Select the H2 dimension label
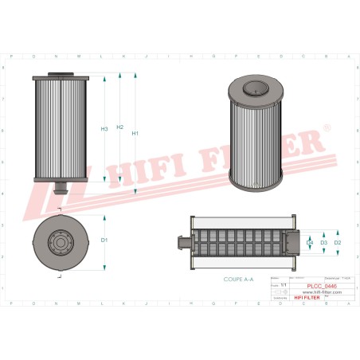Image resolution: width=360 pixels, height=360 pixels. (x=119, y=127)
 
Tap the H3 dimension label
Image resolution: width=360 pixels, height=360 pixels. (x=104, y=130)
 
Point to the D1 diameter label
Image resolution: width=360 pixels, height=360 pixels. (x=104, y=240)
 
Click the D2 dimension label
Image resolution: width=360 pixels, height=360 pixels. (x=338, y=242)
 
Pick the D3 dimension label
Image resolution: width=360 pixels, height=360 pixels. (x=323, y=242)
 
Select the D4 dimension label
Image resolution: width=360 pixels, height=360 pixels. (x=310, y=242)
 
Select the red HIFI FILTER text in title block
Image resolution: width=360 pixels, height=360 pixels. (x=317, y=299)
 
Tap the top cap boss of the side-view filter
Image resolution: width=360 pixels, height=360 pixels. (x=61, y=76)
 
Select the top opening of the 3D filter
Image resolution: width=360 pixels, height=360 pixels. (x=256, y=89)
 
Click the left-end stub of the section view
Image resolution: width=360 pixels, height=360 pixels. (x=183, y=242)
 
